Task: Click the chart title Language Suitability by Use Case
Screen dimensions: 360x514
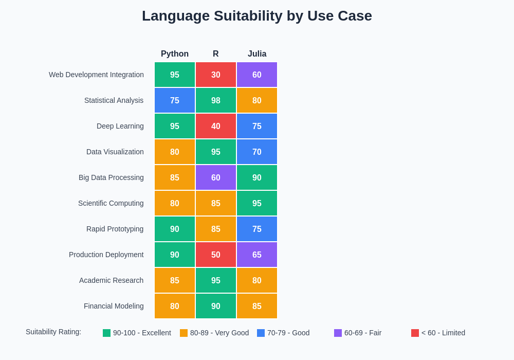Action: pos(257,16)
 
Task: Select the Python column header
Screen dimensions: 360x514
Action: pos(175,54)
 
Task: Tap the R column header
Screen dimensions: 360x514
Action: pos(216,54)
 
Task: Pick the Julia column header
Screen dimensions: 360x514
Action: pos(257,54)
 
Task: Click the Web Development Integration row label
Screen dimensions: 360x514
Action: pos(96,75)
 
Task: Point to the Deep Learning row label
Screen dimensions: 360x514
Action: pos(120,126)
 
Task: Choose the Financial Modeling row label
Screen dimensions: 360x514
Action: pos(114,306)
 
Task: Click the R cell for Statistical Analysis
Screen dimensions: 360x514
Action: pos(216,100)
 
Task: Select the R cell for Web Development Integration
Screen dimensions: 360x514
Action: pos(216,75)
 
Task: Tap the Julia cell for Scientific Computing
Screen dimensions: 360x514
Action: pos(257,203)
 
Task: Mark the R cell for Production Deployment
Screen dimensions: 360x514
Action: pos(216,255)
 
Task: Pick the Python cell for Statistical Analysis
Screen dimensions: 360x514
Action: pos(175,100)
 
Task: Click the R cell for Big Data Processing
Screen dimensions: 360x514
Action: pos(216,177)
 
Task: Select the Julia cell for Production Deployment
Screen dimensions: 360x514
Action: pos(257,255)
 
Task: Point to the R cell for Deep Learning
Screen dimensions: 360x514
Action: pos(216,126)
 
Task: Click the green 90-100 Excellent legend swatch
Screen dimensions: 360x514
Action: pos(106,333)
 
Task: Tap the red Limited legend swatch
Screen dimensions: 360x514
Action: pos(415,333)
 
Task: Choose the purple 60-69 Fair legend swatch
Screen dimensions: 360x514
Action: pos(338,333)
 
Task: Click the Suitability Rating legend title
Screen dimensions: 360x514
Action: pos(53,332)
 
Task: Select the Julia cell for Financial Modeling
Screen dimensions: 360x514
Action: pos(257,306)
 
